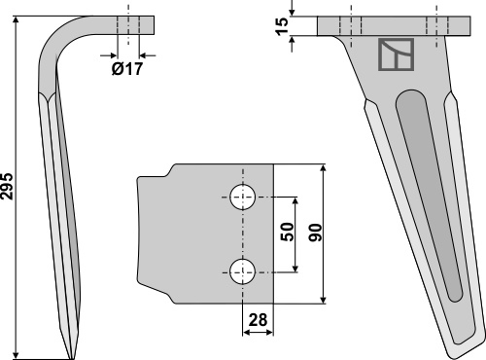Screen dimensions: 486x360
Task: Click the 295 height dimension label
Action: [7, 186]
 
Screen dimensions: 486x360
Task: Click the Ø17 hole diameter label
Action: [127, 69]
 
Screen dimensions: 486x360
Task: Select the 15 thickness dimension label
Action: [282, 26]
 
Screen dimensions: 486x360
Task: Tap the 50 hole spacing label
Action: [287, 232]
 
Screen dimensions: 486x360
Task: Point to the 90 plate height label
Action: [315, 233]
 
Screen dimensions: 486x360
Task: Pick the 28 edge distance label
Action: [258, 320]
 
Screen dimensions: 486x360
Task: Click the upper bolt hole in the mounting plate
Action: [243, 197]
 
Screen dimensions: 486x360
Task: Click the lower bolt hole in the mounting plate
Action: [243, 271]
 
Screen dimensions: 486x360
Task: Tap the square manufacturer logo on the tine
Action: [397, 54]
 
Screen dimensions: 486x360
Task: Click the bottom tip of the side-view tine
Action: [72, 358]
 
